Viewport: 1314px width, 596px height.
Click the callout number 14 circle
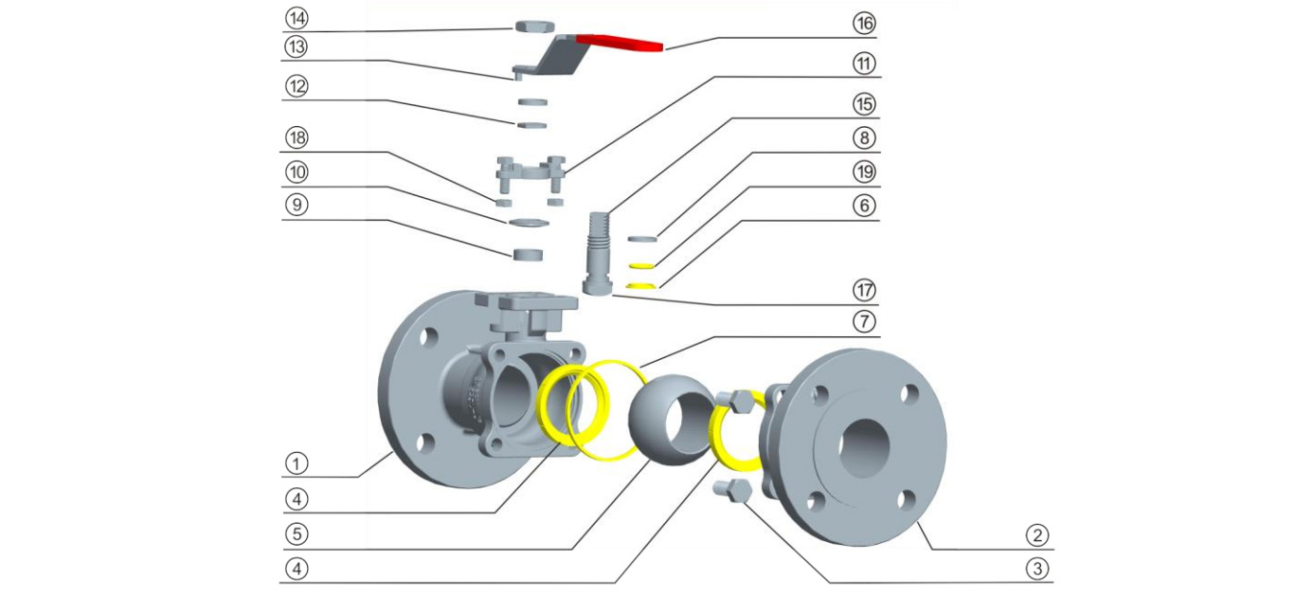click(x=297, y=19)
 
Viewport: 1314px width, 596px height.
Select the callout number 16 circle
click(x=863, y=22)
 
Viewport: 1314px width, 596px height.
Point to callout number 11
click(x=863, y=63)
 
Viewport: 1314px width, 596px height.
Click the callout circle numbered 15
click(x=863, y=102)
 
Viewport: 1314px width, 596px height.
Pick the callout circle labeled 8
click(x=863, y=137)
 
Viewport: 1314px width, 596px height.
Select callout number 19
click(x=863, y=172)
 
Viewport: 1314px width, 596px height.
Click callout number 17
click(x=863, y=290)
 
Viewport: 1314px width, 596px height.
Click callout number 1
click(x=297, y=463)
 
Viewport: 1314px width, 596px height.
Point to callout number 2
click(x=1039, y=535)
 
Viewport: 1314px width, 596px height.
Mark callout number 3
click(x=1039, y=569)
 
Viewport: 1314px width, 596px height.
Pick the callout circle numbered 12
click(x=297, y=86)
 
